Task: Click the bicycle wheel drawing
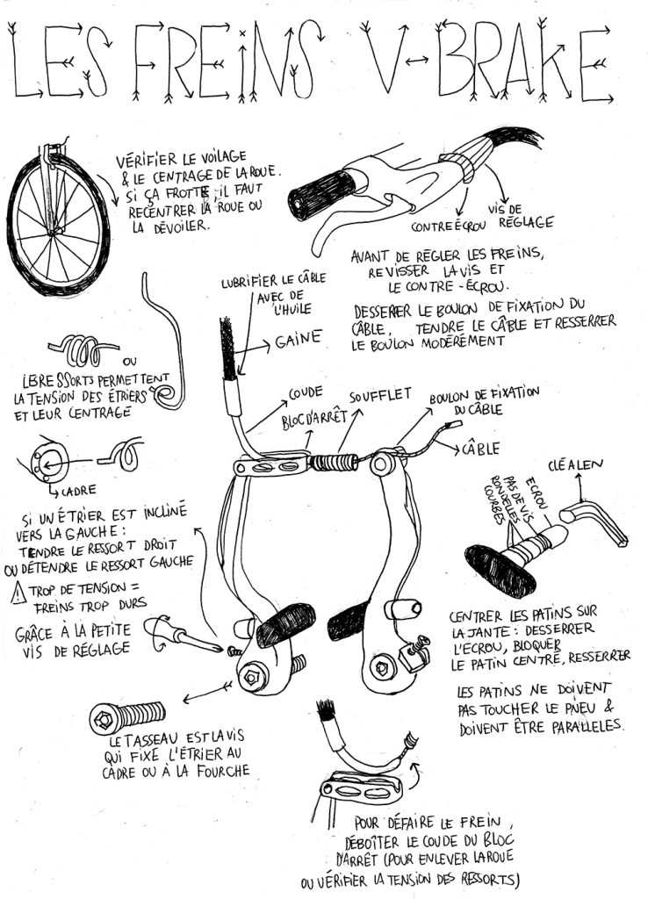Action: click(58, 225)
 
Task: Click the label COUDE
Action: click(306, 392)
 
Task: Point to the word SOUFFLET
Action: click(381, 396)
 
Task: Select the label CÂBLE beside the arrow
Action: click(481, 449)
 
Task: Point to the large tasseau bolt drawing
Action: click(128, 717)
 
